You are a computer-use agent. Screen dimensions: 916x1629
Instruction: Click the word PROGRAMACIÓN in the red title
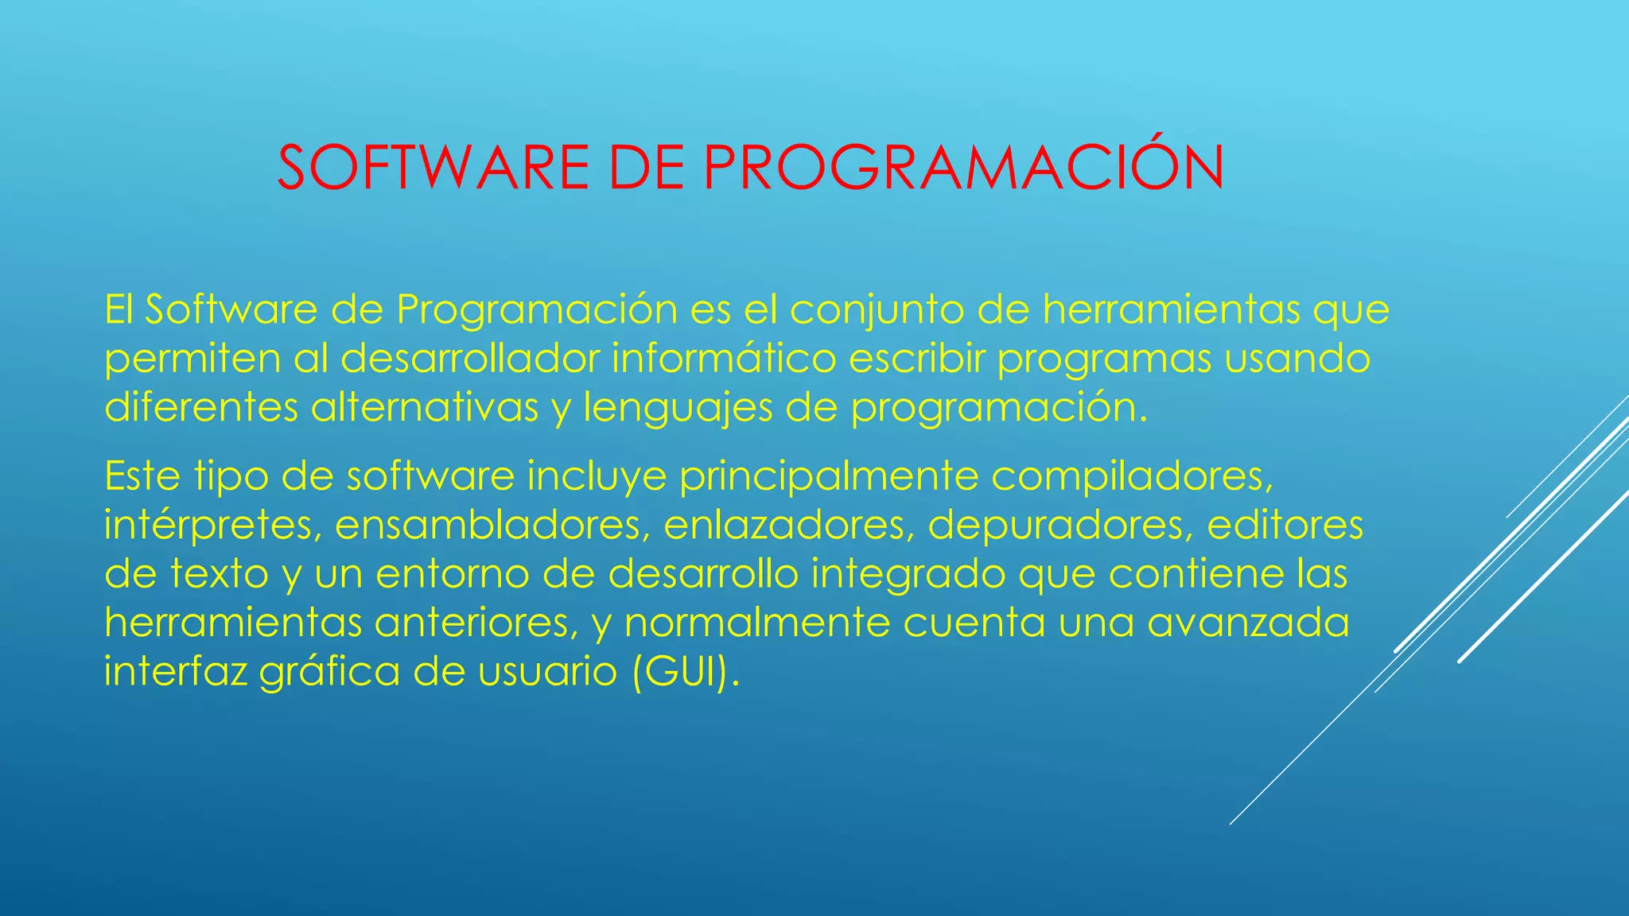coord(963,168)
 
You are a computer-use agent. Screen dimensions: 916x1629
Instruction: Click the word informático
coord(724,359)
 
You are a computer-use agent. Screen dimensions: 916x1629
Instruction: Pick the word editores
coord(1285,526)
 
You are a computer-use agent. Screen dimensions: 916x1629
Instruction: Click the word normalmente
coord(756,623)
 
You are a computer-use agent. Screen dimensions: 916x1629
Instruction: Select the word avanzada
coord(1248,623)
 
